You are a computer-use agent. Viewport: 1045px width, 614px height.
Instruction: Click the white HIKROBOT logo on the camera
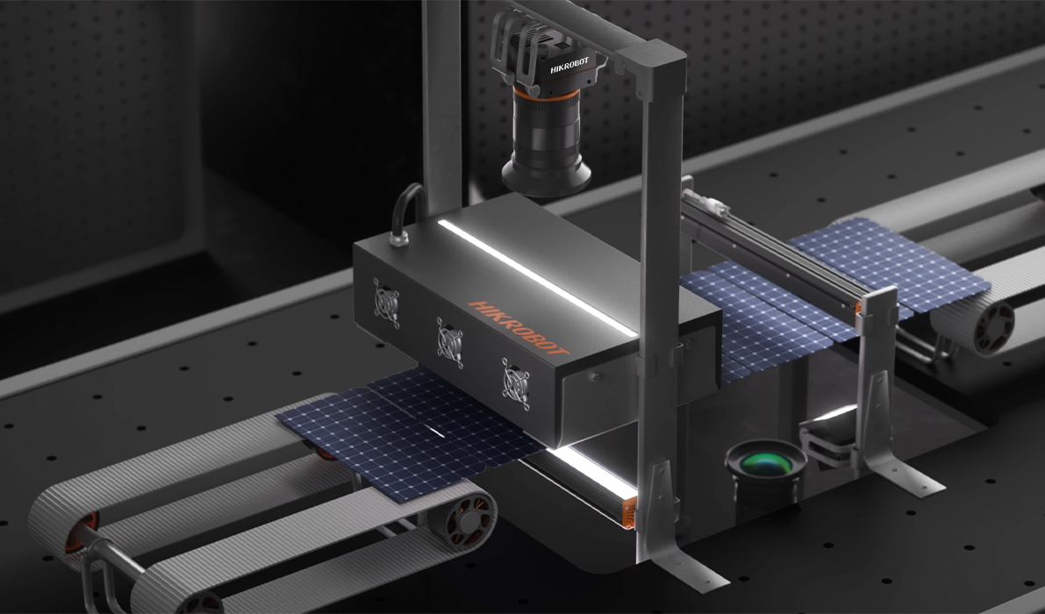coord(569,65)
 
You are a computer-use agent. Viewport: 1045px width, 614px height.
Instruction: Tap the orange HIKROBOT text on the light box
coord(519,327)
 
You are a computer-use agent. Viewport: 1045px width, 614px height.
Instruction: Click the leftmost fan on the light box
coord(387,303)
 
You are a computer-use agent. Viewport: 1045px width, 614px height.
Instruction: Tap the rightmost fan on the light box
coord(517,384)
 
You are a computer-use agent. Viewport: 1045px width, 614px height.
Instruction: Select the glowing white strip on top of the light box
coord(538,277)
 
